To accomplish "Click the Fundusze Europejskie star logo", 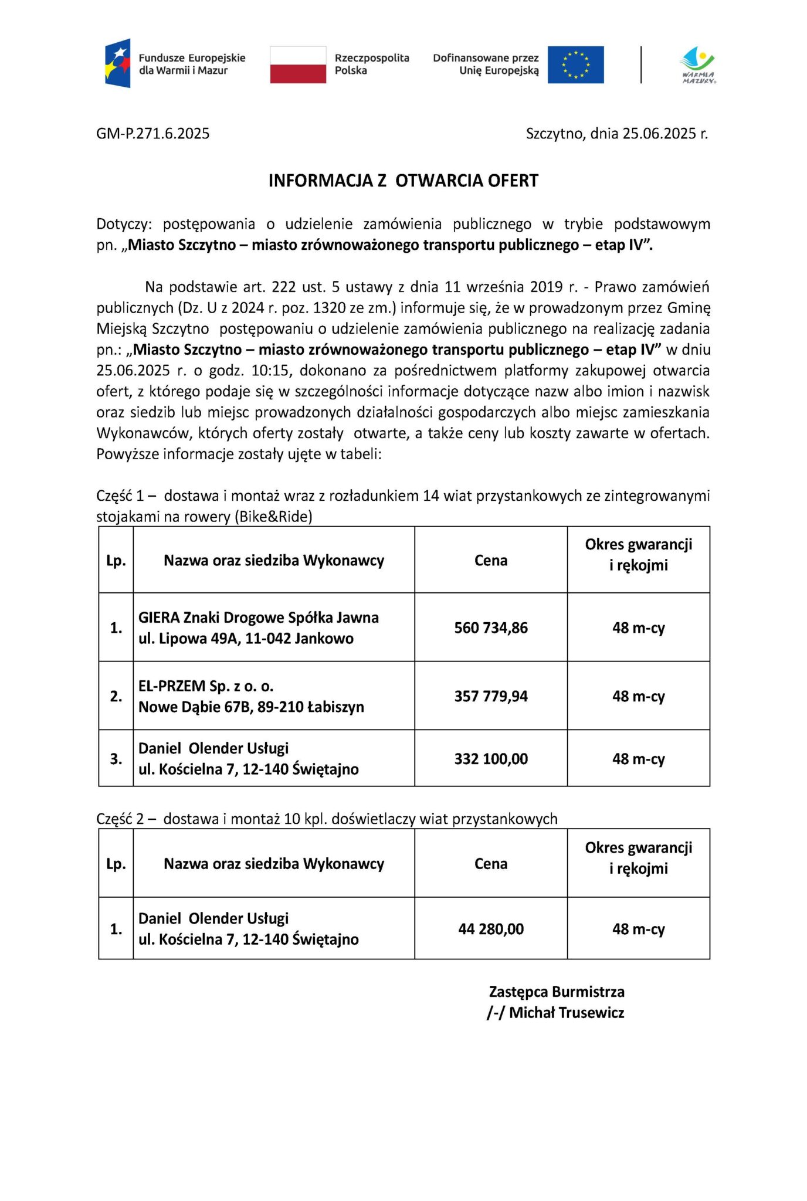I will (117, 63).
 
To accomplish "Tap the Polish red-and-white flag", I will (298, 65).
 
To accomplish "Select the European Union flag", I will (575, 65).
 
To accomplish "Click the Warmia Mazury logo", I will (698, 65).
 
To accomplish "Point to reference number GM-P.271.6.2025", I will (153, 134).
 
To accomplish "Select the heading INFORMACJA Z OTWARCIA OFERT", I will (403, 181).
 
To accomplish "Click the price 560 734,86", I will (491, 628).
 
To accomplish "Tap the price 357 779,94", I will (491, 697).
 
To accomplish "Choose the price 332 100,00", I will (491, 759).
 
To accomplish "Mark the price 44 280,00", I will (491, 929).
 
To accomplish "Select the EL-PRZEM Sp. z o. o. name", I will (206, 686).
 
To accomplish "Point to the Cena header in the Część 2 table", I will (491, 864).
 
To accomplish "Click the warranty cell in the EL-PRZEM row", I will (639, 697).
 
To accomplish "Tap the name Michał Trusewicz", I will (566, 1013).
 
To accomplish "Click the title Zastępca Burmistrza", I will (557, 992).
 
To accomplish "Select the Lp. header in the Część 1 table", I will (116, 561).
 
